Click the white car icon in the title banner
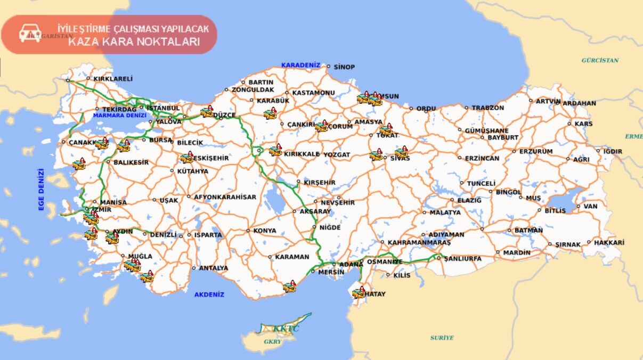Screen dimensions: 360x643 click(30, 34)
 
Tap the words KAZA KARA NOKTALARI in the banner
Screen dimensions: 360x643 click(134, 42)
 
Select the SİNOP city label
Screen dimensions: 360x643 click(344, 67)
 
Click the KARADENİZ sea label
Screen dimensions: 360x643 click(301, 65)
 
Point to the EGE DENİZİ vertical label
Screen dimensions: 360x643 click(41, 190)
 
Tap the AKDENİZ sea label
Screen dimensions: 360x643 click(209, 294)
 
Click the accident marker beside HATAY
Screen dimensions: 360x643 click(359, 293)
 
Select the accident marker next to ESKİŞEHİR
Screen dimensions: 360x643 click(186, 158)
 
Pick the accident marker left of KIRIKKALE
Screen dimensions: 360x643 click(275, 151)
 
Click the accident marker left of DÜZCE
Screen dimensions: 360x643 click(207, 112)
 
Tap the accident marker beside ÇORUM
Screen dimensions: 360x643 click(321, 126)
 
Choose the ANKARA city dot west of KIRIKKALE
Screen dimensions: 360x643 click(259, 151)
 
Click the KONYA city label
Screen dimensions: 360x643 click(265, 231)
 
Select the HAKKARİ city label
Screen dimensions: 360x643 click(608, 242)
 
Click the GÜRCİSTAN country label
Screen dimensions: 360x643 click(600, 60)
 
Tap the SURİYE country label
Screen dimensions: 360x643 click(442, 338)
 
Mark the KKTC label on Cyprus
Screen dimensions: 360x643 click(286, 329)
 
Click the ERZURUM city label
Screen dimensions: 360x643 click(536, 151)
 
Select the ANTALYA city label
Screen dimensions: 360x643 click(213, 268)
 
